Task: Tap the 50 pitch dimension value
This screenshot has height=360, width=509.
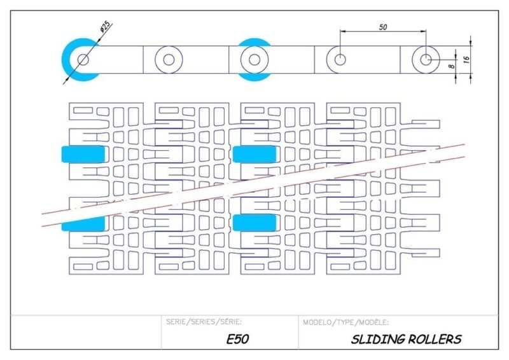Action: pos(382,27)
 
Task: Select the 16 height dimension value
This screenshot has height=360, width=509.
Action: pos(466,59)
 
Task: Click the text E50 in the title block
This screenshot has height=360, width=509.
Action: pos(237,339)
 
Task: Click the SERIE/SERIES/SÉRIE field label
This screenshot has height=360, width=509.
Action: pos(204,322)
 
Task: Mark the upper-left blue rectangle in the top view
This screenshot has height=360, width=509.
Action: pos(83,154)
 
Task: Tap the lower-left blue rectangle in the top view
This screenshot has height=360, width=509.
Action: pos(83,223)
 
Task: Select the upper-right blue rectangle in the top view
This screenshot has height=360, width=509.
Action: pos(254,154)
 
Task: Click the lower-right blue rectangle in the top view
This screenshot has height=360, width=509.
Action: pos(254,222)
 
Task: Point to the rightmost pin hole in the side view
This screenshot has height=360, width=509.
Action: pos(426,60)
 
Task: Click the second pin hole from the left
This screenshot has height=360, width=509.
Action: pos(169,60)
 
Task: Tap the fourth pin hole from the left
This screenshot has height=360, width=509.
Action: pos(340,60)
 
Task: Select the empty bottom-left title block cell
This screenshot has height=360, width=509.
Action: pos(86,332)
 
